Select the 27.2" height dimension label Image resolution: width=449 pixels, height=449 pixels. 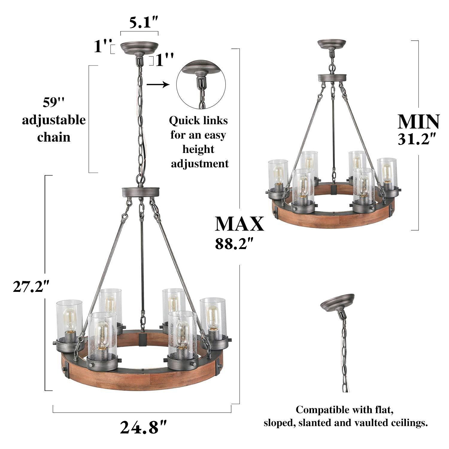[31, 287]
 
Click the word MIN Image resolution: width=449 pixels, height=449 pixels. [418, 122]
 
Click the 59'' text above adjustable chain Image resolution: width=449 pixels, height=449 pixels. [54, 103]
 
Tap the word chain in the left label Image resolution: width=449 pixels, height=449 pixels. [54, 137]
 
